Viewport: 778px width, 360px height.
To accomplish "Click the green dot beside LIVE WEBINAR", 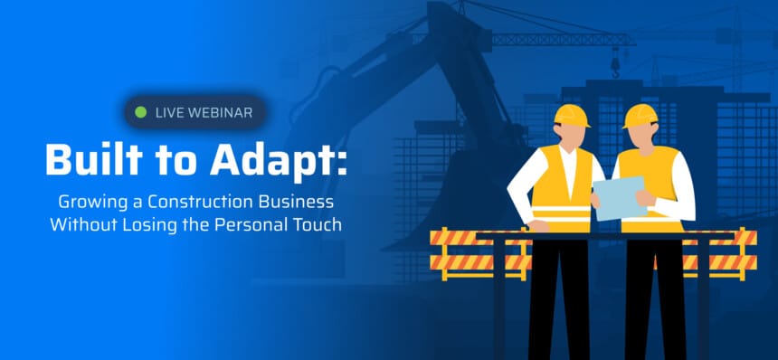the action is [x=141, y=112].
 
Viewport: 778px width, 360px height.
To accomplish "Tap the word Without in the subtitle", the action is [x=76, y=224].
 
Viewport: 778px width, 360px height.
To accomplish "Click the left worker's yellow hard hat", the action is [x=571, y=116].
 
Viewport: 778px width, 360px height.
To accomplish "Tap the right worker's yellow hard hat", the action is [x=640, y=116].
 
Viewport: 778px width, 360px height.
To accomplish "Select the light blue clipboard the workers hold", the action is [x=620, y=198].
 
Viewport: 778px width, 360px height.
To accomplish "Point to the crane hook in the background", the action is [x=616, y=66].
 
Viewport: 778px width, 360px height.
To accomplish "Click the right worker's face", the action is [x=643, y=135].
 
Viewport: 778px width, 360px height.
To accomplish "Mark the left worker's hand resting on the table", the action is [x=539, y=225].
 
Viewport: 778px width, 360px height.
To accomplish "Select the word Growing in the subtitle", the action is [x=86, y=203].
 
